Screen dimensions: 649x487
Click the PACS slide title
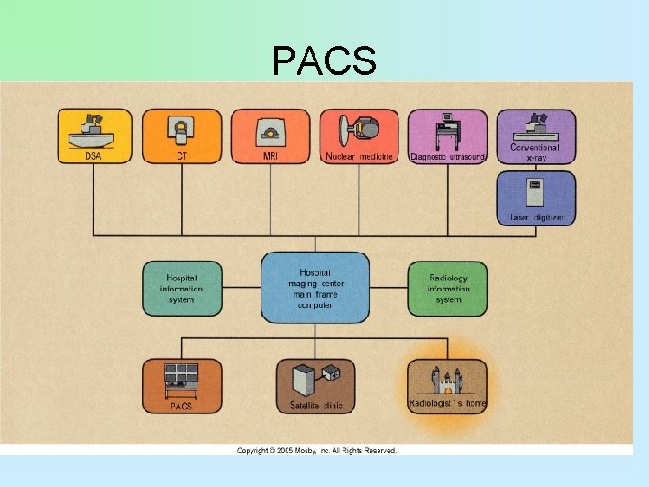click(x=324, y=60)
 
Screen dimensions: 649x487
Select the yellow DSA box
click(x=95, y=137)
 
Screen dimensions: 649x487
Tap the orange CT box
click(x=182, y=137)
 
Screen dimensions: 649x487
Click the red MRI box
click(x=270, y=137)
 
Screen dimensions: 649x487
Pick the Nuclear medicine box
click(x=359, y=137)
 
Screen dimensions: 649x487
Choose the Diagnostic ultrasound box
click(x=447, y=137)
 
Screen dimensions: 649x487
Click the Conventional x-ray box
click(x=535, y=137)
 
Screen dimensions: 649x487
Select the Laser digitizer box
click(x=535, y=198)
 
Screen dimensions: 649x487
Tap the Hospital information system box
click(x=182, y=289)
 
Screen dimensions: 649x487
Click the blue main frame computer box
click(x=315, y=288)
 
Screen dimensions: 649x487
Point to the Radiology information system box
click(x=447, y=289)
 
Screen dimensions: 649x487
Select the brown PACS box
click(x=182, y=386)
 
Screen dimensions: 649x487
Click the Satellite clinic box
click(x=315, y=386)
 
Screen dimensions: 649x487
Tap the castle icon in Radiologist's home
click(x=447, y=380)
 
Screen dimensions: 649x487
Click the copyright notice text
click(x=316, y=450)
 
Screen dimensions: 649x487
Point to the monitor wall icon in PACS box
click(x=181, y=377)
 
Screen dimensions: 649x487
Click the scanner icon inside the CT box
click(x=182, y=130)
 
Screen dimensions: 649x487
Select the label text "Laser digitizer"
click(x=535, y=217)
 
